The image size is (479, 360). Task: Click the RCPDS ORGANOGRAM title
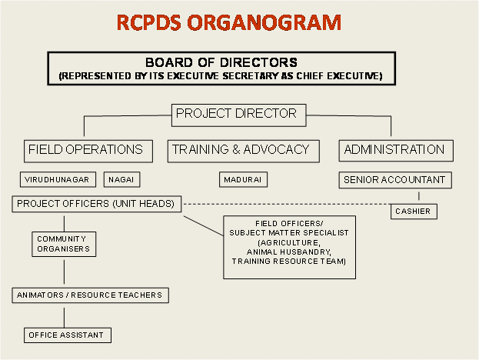click(x=229, y=22)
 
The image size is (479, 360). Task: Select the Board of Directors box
click(x=221, y=68)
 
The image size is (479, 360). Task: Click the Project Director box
click(x=237, y=114)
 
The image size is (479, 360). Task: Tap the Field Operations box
click(x=85, y=149)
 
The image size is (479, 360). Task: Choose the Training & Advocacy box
click(x=240, y=149)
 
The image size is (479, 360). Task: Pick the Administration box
click(x=394, y=149)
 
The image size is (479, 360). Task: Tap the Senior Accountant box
click(x=394, y=180)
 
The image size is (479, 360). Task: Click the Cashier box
click(x=414, y=211)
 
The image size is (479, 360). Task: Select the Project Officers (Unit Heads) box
click(x=97, y=204)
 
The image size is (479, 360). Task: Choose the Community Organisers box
click(x=64, y=244)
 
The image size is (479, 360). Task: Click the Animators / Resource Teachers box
click(x=91, y=295)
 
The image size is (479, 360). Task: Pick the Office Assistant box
click(x=67, y=335)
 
